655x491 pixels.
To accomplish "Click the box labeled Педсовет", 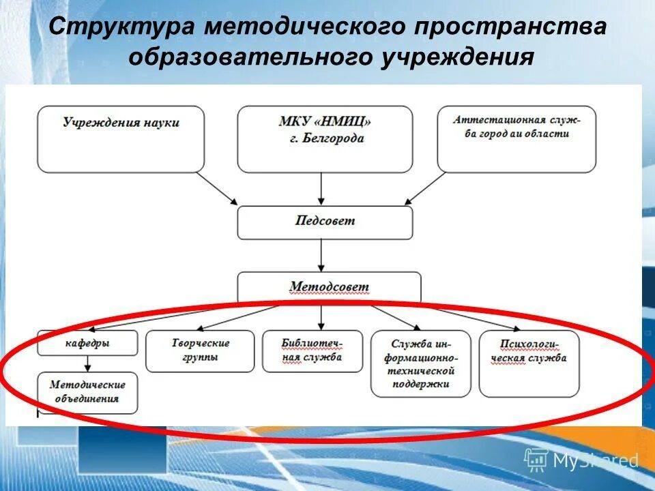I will click(x=325, y=222).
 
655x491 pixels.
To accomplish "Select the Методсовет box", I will click(x=329, y=286).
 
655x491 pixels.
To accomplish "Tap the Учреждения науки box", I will click(x=121, y=138).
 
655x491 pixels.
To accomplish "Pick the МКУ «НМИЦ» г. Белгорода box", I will click(x=325, y=138).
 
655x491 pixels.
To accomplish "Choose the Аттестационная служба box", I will click(x=516, y=138).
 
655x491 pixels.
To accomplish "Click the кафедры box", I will click(x=87, y=342).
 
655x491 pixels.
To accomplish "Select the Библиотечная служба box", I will click(x=312, y=351).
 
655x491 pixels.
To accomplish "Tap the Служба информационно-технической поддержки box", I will click(x=421, y=363).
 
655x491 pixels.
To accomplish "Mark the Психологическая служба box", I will click(x=529, y=363).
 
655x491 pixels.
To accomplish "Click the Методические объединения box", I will click(x=87, y=393).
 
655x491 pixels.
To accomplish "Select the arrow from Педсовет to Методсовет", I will click(x=321, y=256).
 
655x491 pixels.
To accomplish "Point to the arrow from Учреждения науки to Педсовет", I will click(x=217, y=188).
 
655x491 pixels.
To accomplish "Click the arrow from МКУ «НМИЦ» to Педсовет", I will click(x=321, y=189).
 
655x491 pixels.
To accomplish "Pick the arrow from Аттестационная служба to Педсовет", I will click(x=426, y=188).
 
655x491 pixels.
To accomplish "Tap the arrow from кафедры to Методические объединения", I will click(x=87, y=363).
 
